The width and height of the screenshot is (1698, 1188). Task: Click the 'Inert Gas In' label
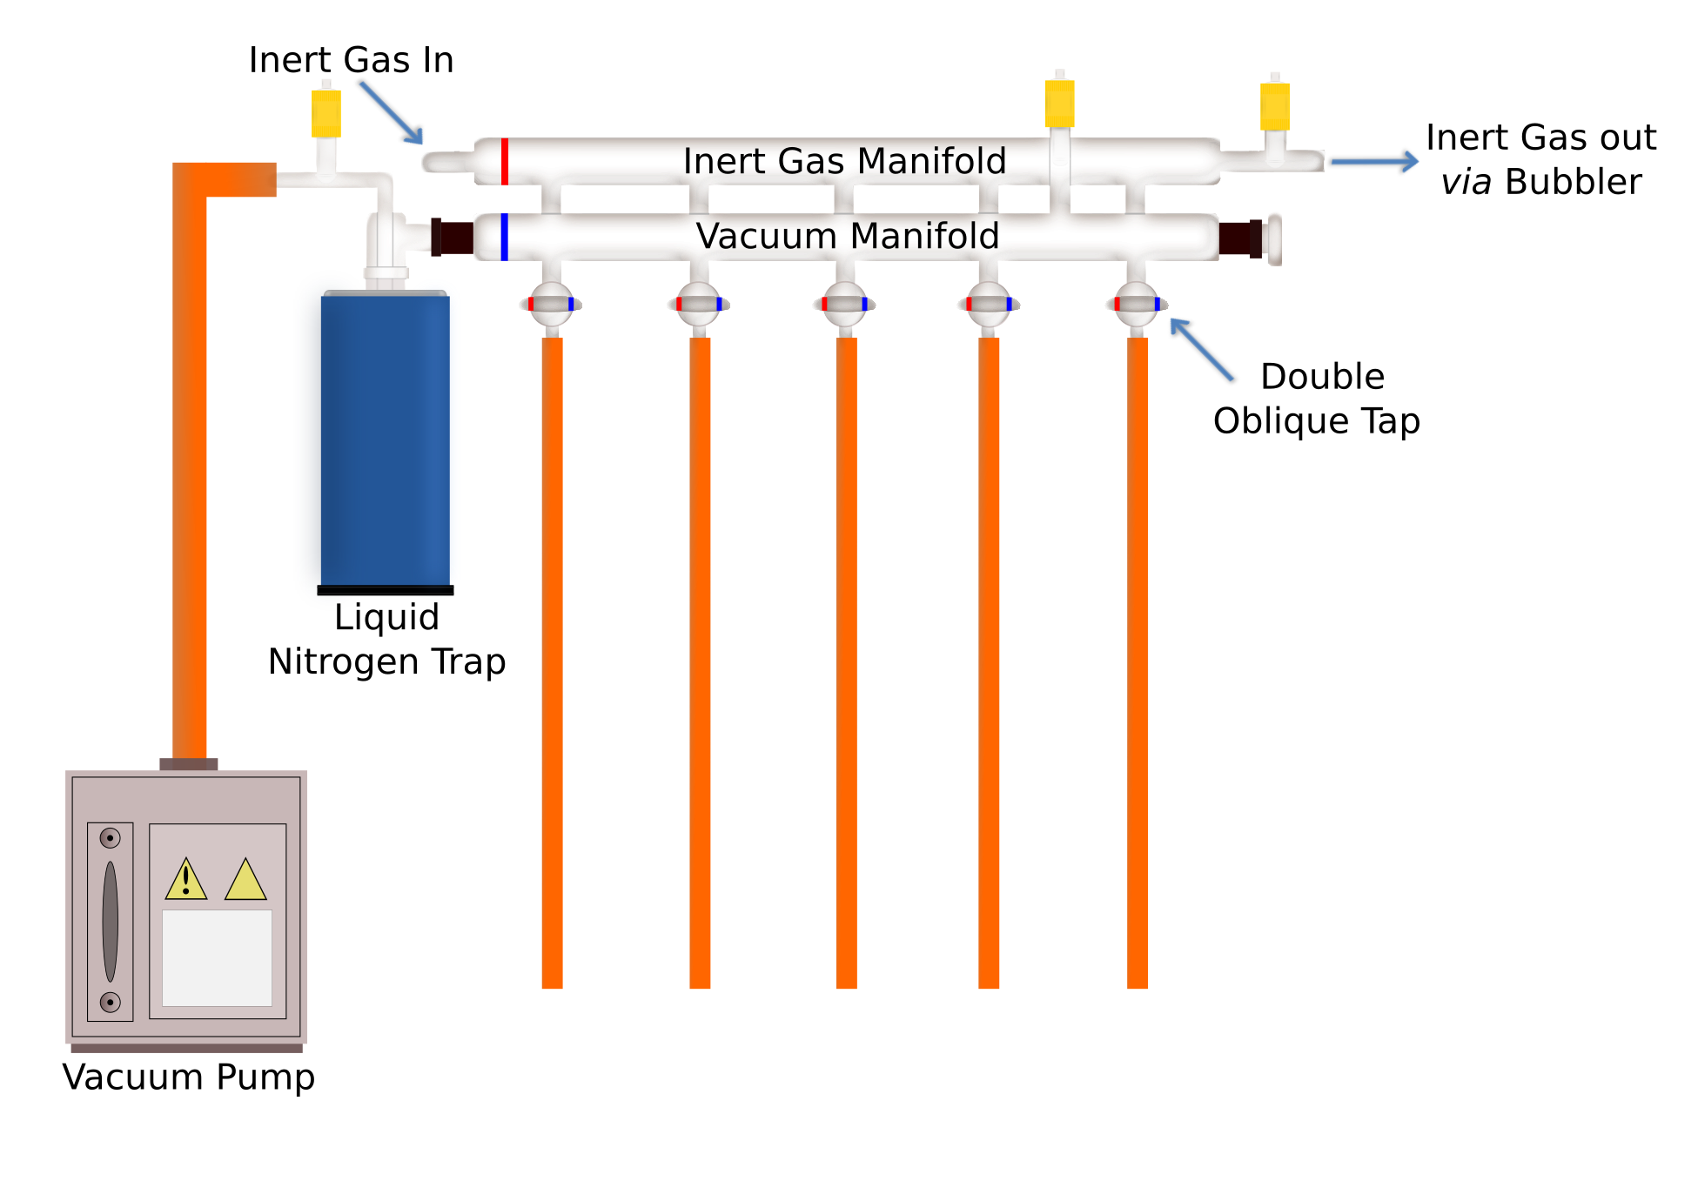tap(351, 60)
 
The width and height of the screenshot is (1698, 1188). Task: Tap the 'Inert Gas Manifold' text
tap(844, 161)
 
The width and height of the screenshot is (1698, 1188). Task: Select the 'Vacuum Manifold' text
tap(847, 236)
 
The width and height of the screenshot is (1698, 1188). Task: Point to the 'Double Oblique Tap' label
tap(1316, 399)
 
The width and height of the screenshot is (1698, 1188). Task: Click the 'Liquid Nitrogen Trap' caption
tap(386, 639)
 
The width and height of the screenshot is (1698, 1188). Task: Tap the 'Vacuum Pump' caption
tap(188, 1077)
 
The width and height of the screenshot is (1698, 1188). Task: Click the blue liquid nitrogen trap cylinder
tap(386, 440)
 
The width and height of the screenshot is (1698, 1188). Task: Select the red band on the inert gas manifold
tap(505, 161)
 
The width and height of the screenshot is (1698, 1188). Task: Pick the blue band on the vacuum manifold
tap(505, 237)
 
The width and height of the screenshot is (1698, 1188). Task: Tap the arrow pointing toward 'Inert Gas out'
tap(1374, 161)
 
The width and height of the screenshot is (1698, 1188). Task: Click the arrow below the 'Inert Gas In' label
tap(392, 112)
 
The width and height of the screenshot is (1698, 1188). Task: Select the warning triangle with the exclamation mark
tap(186, 880)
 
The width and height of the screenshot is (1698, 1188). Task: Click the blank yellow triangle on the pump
tap(245, 880)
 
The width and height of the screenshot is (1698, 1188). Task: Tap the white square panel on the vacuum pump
tap(217, 957)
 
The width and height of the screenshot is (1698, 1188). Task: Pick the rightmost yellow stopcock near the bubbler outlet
tap(1275, 105)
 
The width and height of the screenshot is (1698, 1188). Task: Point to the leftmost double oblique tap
tap(551, 304)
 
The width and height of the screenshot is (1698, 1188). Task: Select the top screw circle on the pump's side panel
tap(110, 838)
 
